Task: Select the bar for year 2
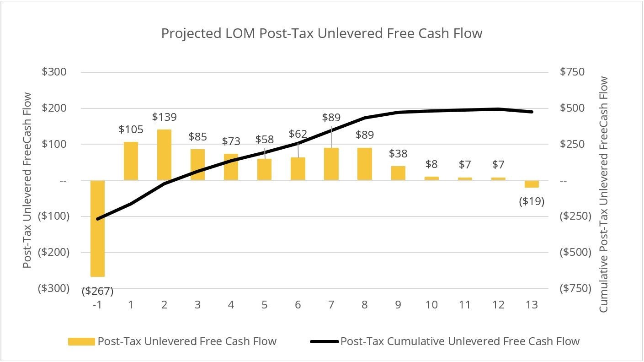click(x=164, y=155)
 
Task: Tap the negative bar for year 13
click(x=532, y=184)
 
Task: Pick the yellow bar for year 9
click(x=398, y=173)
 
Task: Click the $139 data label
click(x=164, y=117)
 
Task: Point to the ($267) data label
click(x=97, y=291)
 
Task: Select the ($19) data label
click(x=532, y=201)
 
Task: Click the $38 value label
click(x=398, y=153)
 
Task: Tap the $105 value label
click(x=131, y=130)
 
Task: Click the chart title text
click(x=322, y=33)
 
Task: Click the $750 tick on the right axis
click(x=571, y=72)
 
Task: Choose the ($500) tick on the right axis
click(x=575, y=252)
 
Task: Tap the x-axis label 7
click(x=331, y=305)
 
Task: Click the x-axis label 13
click(x=532, y=305)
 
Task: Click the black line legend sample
click(x=325, y=341)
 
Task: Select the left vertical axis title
click(x=28, y=180)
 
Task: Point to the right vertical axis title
click(x=604, y=194)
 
